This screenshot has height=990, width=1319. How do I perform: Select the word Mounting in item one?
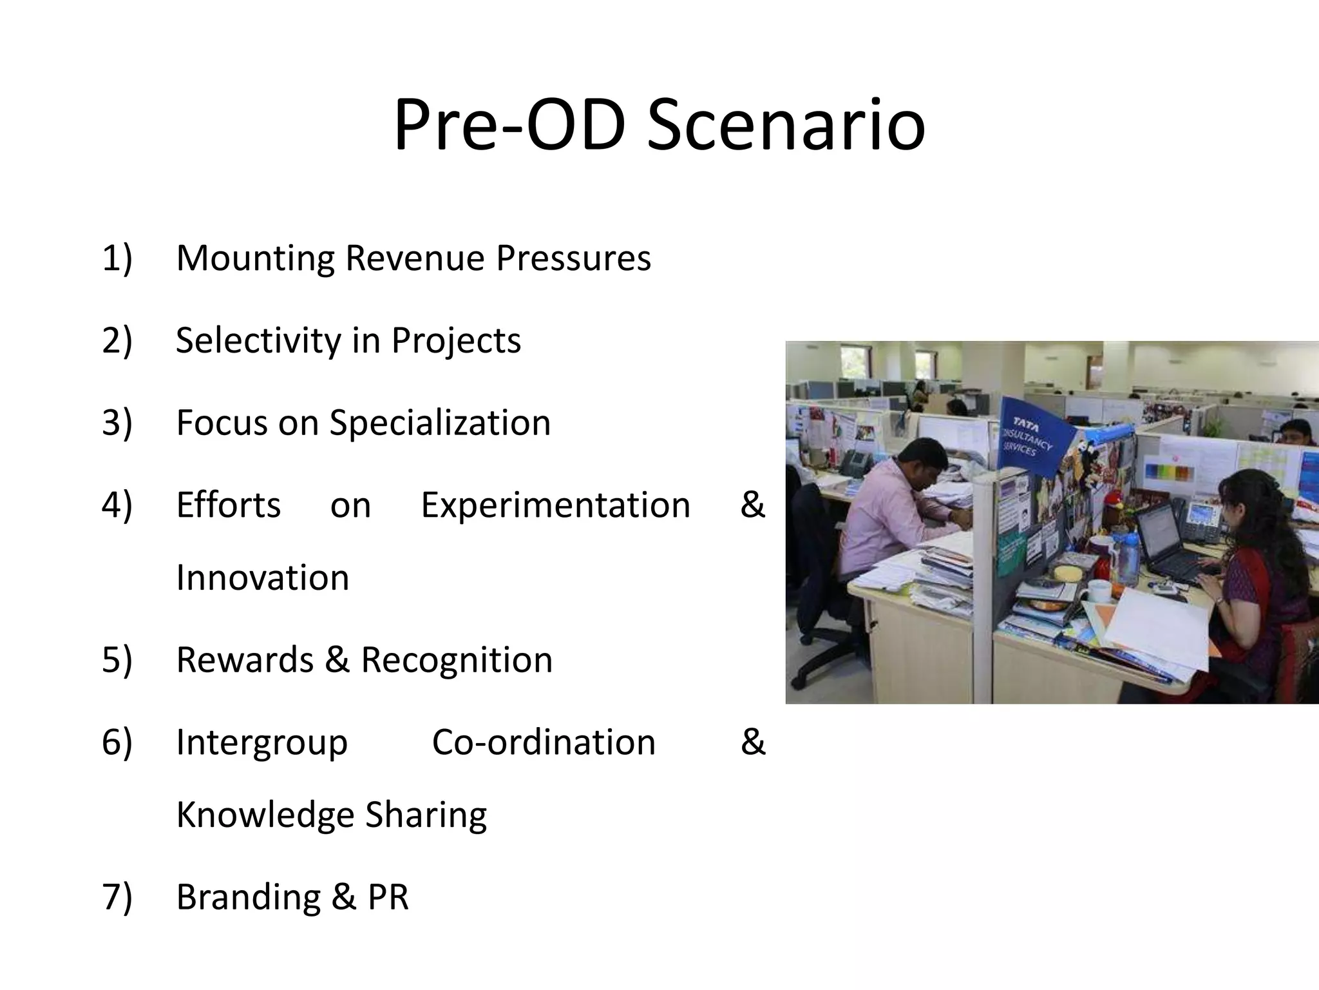click(x=255, y=258)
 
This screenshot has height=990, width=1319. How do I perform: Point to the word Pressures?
click(x=573, y=258)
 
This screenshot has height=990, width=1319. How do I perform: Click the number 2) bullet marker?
click(x=117, y=340)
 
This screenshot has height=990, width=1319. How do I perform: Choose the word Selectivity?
click(x=258, y=340)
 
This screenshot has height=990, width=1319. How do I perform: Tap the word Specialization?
click(x=440, y=423)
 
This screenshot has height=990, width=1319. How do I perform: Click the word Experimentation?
click(x=555, y=505)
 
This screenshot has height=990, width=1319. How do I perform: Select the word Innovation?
click(x=262, y=577)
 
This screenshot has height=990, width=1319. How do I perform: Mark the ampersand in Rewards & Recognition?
click(x=337, y=660)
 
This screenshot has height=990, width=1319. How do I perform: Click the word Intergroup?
click(x=261, y=742)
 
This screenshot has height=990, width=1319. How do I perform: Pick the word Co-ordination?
click(x=543, y=742)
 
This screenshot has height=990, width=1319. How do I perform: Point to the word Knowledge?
click(x=265, y=815)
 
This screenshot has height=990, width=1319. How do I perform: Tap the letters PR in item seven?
click(x=388, y=897)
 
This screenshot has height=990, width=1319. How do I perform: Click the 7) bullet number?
click(x=117, y=897)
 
